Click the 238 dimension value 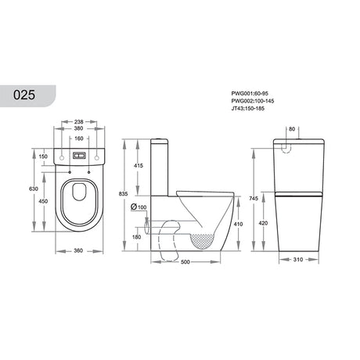(x=78, y=122)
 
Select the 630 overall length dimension (x=32, y=189)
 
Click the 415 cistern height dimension (x=138, y=166)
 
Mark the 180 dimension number (x=138, y=237)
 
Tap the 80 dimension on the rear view (x=291, y=130)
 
